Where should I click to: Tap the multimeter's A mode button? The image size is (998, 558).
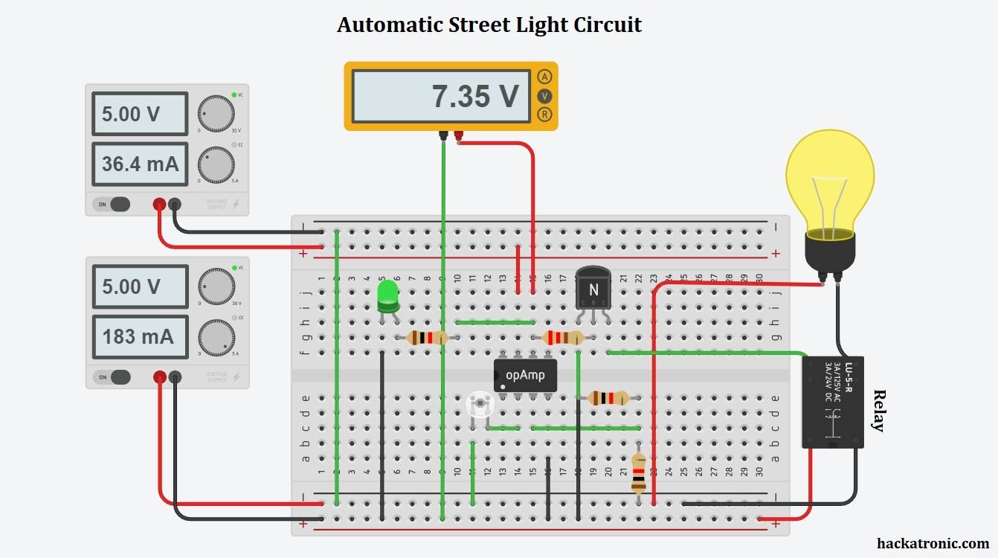(x=545, y=77)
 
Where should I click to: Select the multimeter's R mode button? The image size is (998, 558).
(x=545, y=115)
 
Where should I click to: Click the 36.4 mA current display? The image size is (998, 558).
(x=140, y=164)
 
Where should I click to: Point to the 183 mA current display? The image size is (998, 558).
(x=140, y=336)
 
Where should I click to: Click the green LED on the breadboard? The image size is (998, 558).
(x=387, y=295)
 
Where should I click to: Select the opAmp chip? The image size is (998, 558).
(x=525, y=375)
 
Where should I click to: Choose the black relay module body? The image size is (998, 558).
(x=833, y=403)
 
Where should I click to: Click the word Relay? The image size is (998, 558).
(x=879, y=411)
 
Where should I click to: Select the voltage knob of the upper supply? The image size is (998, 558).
(x=216, y=114)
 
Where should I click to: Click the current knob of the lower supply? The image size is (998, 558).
(x=216, y=338)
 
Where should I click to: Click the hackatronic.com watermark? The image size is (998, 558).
(x=932, y=544)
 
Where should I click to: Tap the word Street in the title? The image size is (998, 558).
(x=480, y=25)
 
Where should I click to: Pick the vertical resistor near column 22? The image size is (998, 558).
(x=638, y=473)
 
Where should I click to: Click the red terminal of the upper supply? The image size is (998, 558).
(x=159, y=204)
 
